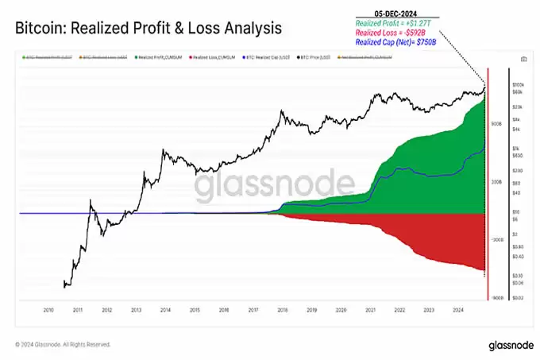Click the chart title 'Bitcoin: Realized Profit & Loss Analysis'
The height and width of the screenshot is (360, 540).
pyautogui.click(x=148, y=29)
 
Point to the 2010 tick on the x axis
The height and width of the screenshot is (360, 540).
pyautogui.click(x=47, y=310)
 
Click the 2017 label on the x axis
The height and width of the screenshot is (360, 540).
pyautogui.click(x=253, y=310)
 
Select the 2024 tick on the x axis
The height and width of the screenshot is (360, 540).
pyautogui.click(x=458, y=310)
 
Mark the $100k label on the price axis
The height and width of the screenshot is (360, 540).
pyautogui.click(x=517, y=84)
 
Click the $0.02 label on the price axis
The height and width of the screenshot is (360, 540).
pyautogui.click(x=517, y=297)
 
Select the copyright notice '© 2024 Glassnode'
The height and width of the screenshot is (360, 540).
pyautogui.click(x=64, y=345)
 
